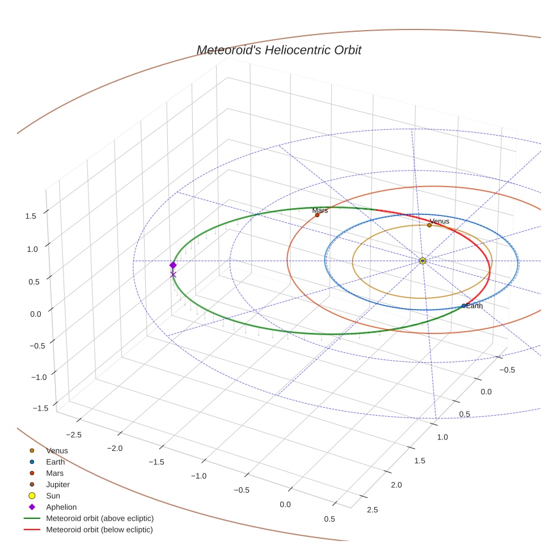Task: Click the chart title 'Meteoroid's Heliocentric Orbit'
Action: [x=278, y=50]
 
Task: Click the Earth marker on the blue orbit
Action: [x=463, y=306]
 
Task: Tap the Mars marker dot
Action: [x=317, y=215]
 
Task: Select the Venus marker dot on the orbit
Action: [x=429, y=225]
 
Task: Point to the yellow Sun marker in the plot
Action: [x=422, y=261]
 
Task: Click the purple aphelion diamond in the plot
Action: [x=173, y=265]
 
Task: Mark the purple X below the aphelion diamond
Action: [x=173, y=275]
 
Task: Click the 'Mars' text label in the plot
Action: [x=320, y=210]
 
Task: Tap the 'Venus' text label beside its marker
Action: [x=439, y=221]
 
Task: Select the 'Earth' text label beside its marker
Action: [x=475, y=306]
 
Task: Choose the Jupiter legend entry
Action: [x=58, y=484]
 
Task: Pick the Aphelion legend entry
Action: [x=61, y=507]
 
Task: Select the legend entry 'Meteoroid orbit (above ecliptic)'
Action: [x=99, y=518]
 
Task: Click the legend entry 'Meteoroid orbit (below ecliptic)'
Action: [x=99, y=530]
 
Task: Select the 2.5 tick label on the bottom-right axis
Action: [x=373, y=510]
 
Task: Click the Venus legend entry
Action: [x=57, y=451]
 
